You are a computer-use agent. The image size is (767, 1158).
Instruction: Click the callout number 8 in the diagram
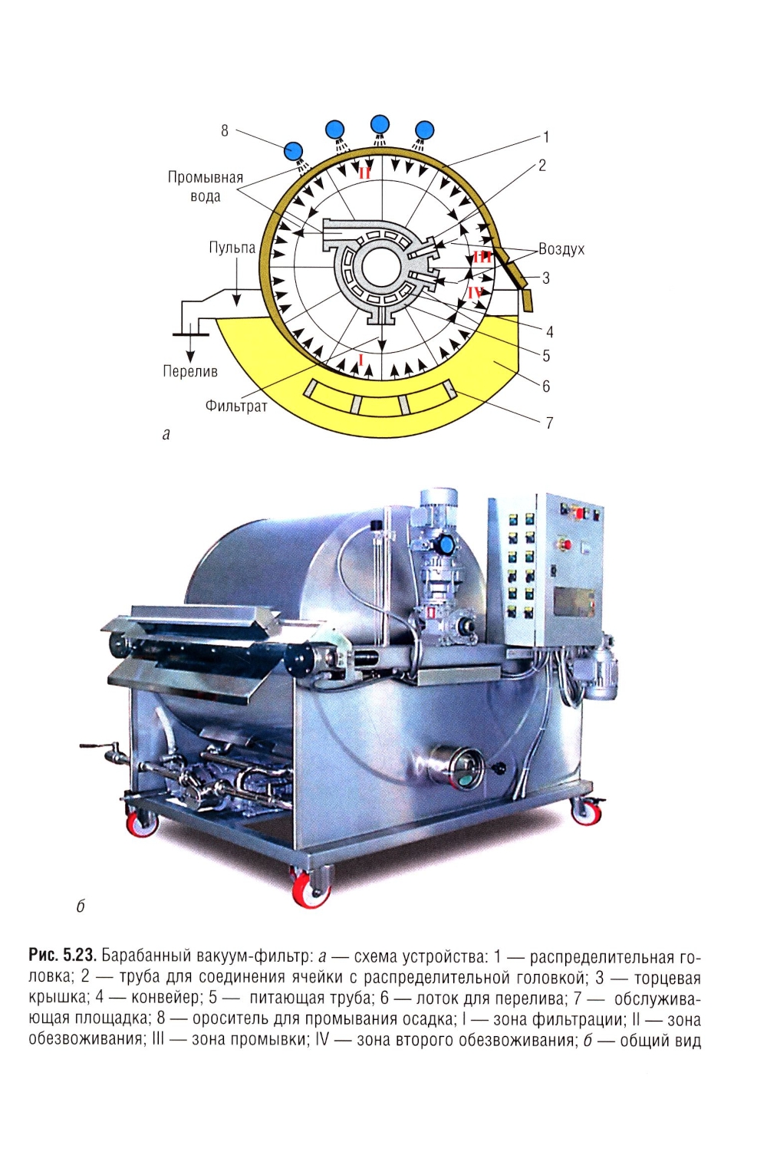(x=224, y=131)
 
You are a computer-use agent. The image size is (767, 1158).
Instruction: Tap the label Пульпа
(x=232, y=248)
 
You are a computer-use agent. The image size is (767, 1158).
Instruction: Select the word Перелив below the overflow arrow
(x=190, y=371)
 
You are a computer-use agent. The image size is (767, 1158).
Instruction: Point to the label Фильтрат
(x=236, y=406)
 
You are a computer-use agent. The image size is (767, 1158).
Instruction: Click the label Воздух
(x=561, y=249)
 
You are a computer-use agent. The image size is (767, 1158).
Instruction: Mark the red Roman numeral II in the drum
(x=364, y=173)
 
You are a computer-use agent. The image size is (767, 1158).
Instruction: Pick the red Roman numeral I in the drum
(x=361, y=359)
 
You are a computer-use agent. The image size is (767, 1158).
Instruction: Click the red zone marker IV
(x=476, y=293)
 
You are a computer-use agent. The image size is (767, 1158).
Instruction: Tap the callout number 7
(x=549, y=423)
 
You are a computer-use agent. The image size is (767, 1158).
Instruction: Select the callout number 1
(x=545, y=137)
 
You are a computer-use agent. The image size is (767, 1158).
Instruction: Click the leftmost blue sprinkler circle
(x=294, y=151)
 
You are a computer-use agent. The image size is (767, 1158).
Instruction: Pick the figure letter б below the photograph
(x=81, y=907)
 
